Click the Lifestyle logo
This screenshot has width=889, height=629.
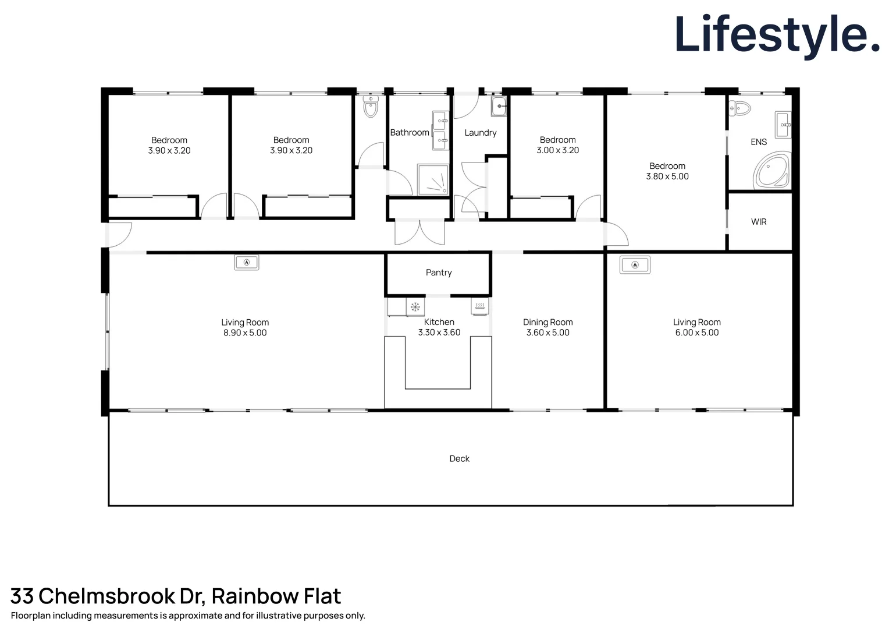777,36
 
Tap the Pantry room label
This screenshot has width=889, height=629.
439,273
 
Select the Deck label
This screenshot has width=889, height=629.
459,458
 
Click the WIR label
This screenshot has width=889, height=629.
759,222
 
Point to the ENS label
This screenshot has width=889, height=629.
759,142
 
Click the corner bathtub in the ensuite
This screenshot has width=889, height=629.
771,171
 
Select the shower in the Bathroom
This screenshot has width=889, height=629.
433,179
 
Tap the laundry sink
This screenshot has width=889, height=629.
499,107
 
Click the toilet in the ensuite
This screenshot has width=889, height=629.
740,108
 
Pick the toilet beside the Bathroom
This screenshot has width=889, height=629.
370,107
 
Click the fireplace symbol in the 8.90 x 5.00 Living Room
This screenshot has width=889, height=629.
247,262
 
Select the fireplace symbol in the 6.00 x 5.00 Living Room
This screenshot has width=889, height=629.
635,264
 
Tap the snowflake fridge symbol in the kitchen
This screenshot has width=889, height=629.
415,307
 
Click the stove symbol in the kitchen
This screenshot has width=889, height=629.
480,306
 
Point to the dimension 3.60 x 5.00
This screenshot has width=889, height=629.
547,333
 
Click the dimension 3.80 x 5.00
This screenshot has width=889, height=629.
667,176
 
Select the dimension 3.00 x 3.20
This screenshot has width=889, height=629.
557,150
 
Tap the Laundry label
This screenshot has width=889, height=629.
480,133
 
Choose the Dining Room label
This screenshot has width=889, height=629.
547,322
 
